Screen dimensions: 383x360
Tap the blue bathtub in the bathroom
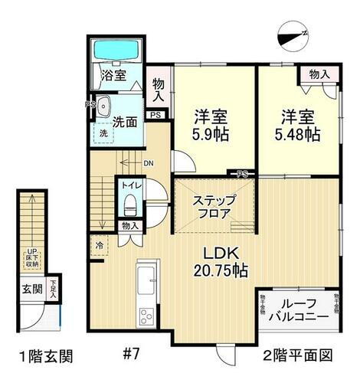point(114,51)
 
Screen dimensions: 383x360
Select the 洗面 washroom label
point(124,121)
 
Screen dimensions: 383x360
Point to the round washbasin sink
point(104,107)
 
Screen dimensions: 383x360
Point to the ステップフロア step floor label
point(214,208)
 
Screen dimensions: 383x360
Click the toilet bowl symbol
point(129,205)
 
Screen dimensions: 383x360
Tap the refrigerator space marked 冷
point(100,246)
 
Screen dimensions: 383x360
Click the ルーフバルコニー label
point(300,309)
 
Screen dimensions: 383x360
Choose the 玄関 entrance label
point(31,290)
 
